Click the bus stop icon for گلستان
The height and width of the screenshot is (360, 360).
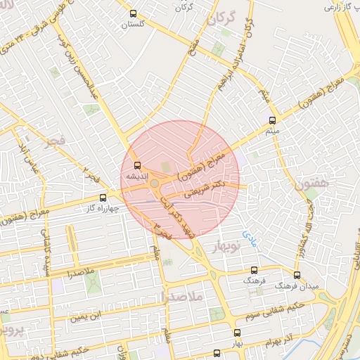tap(134, 13)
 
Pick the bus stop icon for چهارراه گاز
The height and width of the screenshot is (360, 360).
tap(103, 198)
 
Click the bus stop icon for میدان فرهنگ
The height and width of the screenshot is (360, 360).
tap(297, 275)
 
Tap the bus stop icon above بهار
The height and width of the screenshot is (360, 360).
tap(237, 334)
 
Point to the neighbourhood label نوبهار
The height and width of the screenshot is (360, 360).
tap(226, 246)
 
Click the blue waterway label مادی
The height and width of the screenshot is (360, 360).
tap(250, 234)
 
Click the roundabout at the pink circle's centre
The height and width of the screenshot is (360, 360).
tap(154, 184)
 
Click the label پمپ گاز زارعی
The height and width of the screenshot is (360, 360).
tap(341, 7)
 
